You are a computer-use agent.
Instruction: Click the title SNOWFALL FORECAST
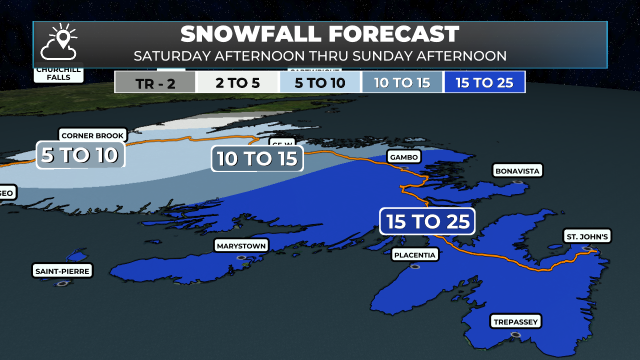320,34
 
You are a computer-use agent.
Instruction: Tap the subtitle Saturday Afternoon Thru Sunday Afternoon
320,55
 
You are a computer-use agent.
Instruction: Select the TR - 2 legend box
155,82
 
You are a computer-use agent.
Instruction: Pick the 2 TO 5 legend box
237,82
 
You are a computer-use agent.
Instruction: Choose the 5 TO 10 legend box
320,82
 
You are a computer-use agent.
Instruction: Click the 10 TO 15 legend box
402,82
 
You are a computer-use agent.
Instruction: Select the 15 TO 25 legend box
484,82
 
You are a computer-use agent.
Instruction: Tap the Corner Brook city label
92,135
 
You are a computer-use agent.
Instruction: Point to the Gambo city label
403,157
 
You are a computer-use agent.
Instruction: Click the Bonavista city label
517,171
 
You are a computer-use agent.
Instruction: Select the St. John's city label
586,236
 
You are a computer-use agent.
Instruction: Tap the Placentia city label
415,255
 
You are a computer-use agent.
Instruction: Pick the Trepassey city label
515,321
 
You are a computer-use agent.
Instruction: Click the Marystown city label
241,246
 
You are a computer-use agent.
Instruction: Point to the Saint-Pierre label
62,271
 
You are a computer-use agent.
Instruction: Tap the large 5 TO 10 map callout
80,155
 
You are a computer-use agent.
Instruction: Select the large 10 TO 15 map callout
257,159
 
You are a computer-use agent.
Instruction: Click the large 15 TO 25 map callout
427,221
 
